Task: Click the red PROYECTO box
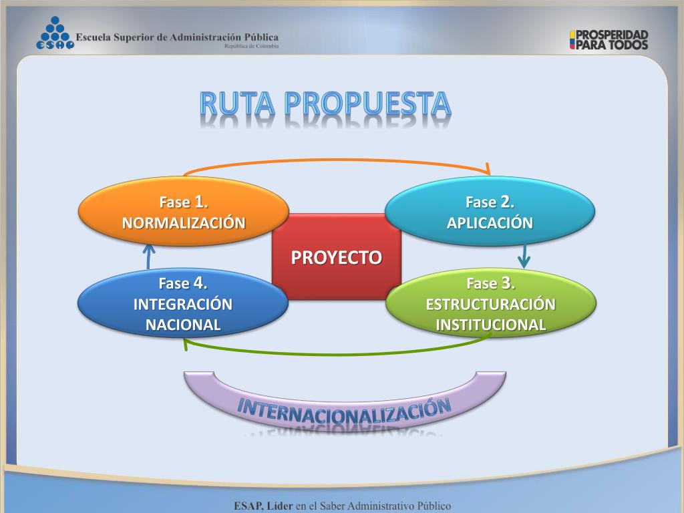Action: pyautogui.click(x=337, y=257)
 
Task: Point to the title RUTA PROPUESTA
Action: pyautogui.click(x=325, y=104)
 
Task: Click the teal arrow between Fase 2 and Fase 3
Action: pyautogui.click(x=524, y=254)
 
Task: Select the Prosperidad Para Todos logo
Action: pyautogui.click(x=609, y=39)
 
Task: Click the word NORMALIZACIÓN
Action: pyautogui.click(x=183, y=222)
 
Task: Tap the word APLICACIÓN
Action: pyautogui.click(x=490, y=223)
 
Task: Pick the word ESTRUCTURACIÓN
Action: pyautogui.click(x=490, y=305)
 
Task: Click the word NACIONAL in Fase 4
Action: pyautogui.click(x=183, y=325)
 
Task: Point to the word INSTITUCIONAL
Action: pyautogui.click(x=490, y=325)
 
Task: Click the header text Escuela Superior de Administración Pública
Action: pyautogui.click(x=177, y=37)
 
